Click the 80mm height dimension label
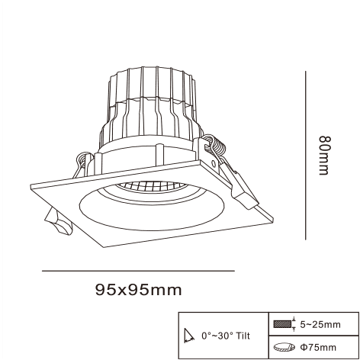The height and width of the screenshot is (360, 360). (325, 155)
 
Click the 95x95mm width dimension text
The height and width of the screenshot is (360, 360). (139, 290)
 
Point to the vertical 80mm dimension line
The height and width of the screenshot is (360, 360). (306, 156)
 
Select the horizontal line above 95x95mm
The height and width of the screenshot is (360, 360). (137, 271)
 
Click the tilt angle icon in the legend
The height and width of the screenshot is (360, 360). (190, 335)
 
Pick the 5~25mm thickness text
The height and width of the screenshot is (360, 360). (319, 325)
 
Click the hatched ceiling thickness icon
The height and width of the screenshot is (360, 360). (283, 324)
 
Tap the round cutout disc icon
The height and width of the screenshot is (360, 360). (283, 347)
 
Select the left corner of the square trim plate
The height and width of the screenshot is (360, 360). (31, 186)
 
